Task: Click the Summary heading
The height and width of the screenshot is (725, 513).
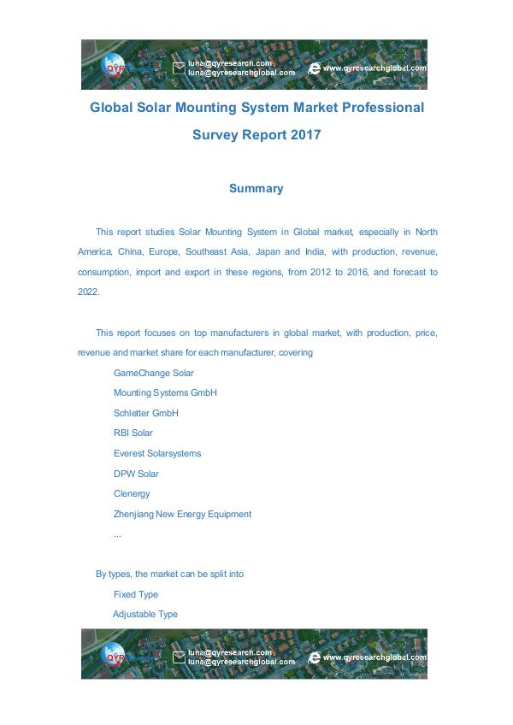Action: [256, 188]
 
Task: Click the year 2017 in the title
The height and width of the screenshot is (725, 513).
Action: [305, 134]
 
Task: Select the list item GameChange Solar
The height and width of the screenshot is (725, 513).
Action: [153, 373]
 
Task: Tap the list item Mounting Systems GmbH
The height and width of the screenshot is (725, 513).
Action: [165, 392]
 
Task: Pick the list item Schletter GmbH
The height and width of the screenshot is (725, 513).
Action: [145, 413]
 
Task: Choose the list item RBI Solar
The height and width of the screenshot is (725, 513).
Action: [133, 433]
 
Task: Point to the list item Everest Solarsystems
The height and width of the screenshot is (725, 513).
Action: [156, 453]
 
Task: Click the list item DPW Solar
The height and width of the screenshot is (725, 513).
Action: [136, 474]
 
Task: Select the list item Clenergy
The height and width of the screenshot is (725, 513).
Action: [131, 493]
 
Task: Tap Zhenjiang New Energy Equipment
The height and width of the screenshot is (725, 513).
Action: [182, 514]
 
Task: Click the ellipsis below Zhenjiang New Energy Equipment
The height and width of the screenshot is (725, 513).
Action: [116, 534]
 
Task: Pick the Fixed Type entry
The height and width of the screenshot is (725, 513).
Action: [135, 594]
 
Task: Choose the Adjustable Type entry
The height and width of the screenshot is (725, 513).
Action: [144, 614]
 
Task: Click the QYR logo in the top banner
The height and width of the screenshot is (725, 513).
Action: [114, 66]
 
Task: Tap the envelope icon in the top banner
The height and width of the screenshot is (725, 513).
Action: [179, 68]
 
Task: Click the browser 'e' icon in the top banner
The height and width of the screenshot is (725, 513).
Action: [314, 68]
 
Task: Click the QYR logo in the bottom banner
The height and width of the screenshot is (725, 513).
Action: [114, 656]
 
